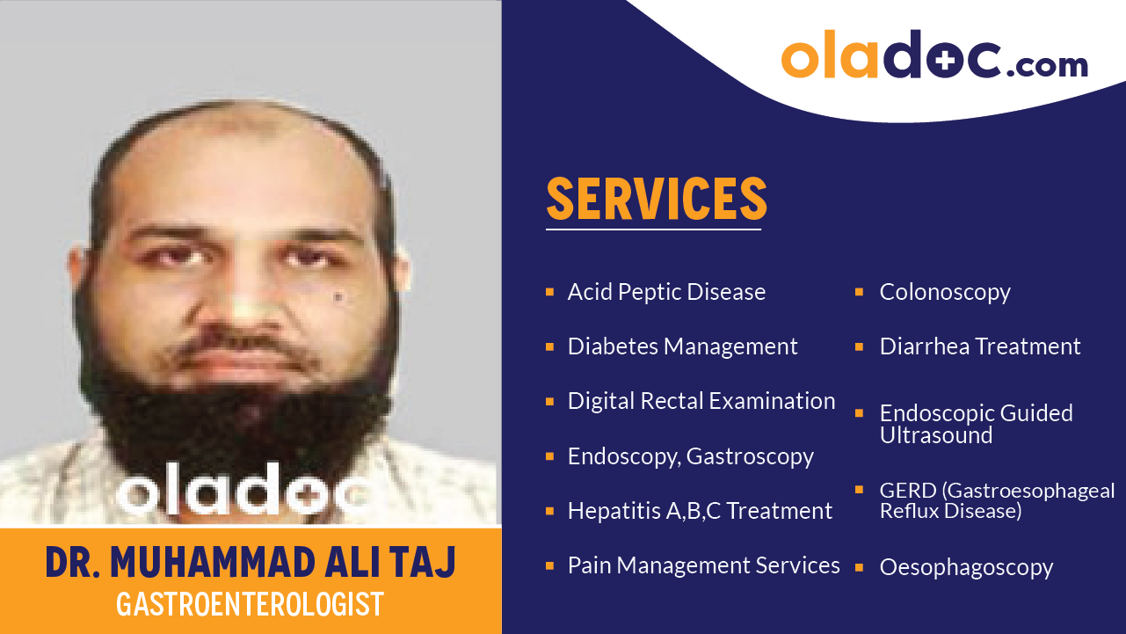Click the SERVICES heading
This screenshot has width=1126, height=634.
click(x=657, y=199)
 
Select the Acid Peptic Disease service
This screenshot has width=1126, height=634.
click(x=666, y=292)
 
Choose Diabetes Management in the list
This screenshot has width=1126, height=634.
click(x=682, y=346)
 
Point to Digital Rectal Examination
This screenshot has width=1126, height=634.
click(x=701, y=401)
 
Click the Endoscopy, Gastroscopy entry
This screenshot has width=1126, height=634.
click(x=690, y=456)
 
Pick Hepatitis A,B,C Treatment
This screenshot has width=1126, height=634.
click(x=700, y=511)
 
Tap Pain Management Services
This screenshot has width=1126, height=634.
click(x=703, y=565)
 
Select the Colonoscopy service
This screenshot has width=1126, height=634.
click(x=945, y=292)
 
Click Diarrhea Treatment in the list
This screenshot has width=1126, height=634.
click(x=980, y=346)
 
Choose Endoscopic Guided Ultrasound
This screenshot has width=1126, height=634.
click(x=976, y=424)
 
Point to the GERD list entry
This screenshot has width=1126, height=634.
click(x=997, y=500)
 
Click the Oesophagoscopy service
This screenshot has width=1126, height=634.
click(x=966, y=568)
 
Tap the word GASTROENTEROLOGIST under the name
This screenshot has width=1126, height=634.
click(x=251, y=604)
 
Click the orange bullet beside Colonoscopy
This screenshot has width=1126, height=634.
click(x=860, y=291)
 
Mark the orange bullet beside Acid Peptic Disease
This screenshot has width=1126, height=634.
click(x=549, y=291)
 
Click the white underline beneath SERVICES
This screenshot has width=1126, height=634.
click(x=653, y=230)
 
